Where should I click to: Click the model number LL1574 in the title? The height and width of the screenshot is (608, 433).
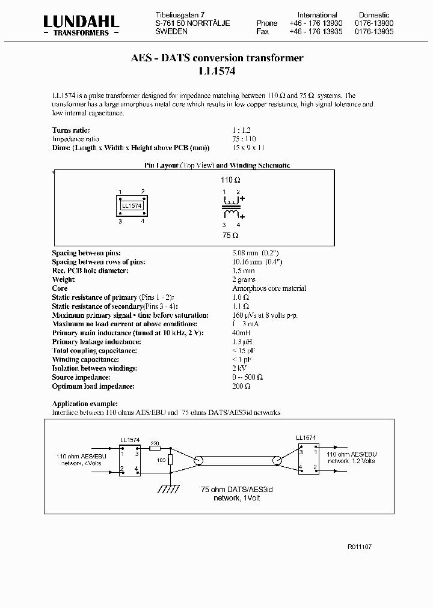217,71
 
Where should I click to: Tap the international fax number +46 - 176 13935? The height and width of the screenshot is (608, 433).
316,31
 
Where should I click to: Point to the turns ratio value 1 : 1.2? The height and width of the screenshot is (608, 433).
241,130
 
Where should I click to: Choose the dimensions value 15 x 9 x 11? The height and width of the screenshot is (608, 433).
248,147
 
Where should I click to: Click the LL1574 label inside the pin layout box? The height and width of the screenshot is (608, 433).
132,205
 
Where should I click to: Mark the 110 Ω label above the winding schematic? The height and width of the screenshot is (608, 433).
231,180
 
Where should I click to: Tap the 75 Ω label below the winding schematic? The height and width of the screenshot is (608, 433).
230,236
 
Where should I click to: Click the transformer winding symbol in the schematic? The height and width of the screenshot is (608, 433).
231,207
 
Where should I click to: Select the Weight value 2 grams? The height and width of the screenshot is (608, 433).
244,279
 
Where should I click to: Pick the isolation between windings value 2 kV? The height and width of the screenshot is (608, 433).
239,368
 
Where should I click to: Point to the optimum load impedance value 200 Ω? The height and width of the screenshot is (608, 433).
241,386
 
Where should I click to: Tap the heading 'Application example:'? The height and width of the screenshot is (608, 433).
85,404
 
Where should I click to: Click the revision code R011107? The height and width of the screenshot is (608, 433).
360,547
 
